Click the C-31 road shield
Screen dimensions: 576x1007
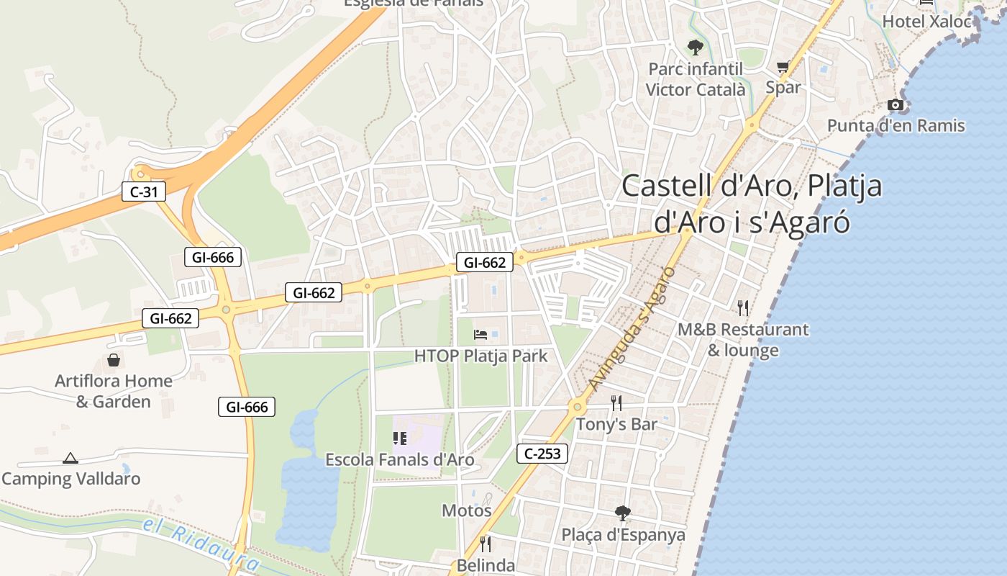point(144,192)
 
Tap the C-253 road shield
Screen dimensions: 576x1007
point(542,454)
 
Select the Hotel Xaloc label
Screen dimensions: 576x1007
point(926,22)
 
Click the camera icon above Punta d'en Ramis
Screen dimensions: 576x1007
point(896,105)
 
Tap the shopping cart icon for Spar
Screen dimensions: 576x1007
point(783,67)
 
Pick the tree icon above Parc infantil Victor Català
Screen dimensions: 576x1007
point(695,48)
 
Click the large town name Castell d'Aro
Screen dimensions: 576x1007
point(752,204)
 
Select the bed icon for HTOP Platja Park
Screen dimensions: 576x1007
point(480,335)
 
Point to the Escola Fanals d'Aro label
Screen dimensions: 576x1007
point(399,459)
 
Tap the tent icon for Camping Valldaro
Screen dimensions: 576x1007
point(70,458)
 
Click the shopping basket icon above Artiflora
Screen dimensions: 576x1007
point(114,360)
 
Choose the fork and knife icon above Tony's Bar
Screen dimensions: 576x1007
point(616,402)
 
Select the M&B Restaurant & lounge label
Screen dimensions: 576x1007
point(743,340)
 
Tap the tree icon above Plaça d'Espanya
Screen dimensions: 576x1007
point(623,513)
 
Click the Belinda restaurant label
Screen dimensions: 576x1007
point(486,566)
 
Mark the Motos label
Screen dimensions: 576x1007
point(466,510)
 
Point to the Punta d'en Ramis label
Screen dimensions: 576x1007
point(896,126)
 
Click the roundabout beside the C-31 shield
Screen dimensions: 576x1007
point(140,173)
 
